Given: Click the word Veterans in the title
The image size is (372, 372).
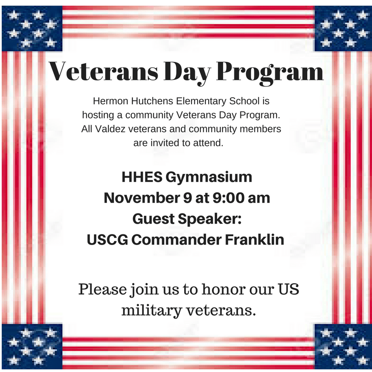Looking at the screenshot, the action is [103, 72].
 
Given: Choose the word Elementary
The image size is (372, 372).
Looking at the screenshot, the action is [201, 101].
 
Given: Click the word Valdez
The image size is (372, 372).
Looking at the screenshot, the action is [110, 129].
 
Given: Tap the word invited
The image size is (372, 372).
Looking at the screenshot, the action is [165, 143].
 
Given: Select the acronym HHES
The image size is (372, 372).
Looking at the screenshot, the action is [142, 177].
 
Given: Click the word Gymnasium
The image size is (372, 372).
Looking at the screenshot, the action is [209, 178].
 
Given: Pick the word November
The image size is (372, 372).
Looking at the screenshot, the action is [142, 198].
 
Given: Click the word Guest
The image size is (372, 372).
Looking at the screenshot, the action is [153, 219].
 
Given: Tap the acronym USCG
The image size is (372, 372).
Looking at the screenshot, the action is [107, 239].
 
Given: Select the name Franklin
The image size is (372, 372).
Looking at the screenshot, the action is [254, 239].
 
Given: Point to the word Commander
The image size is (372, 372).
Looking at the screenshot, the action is [177, 239].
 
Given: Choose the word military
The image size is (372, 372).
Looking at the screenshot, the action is [152, 311].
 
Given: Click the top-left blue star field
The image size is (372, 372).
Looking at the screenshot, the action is [32, 29].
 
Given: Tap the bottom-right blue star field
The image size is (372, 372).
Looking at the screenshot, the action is [343, 347].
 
